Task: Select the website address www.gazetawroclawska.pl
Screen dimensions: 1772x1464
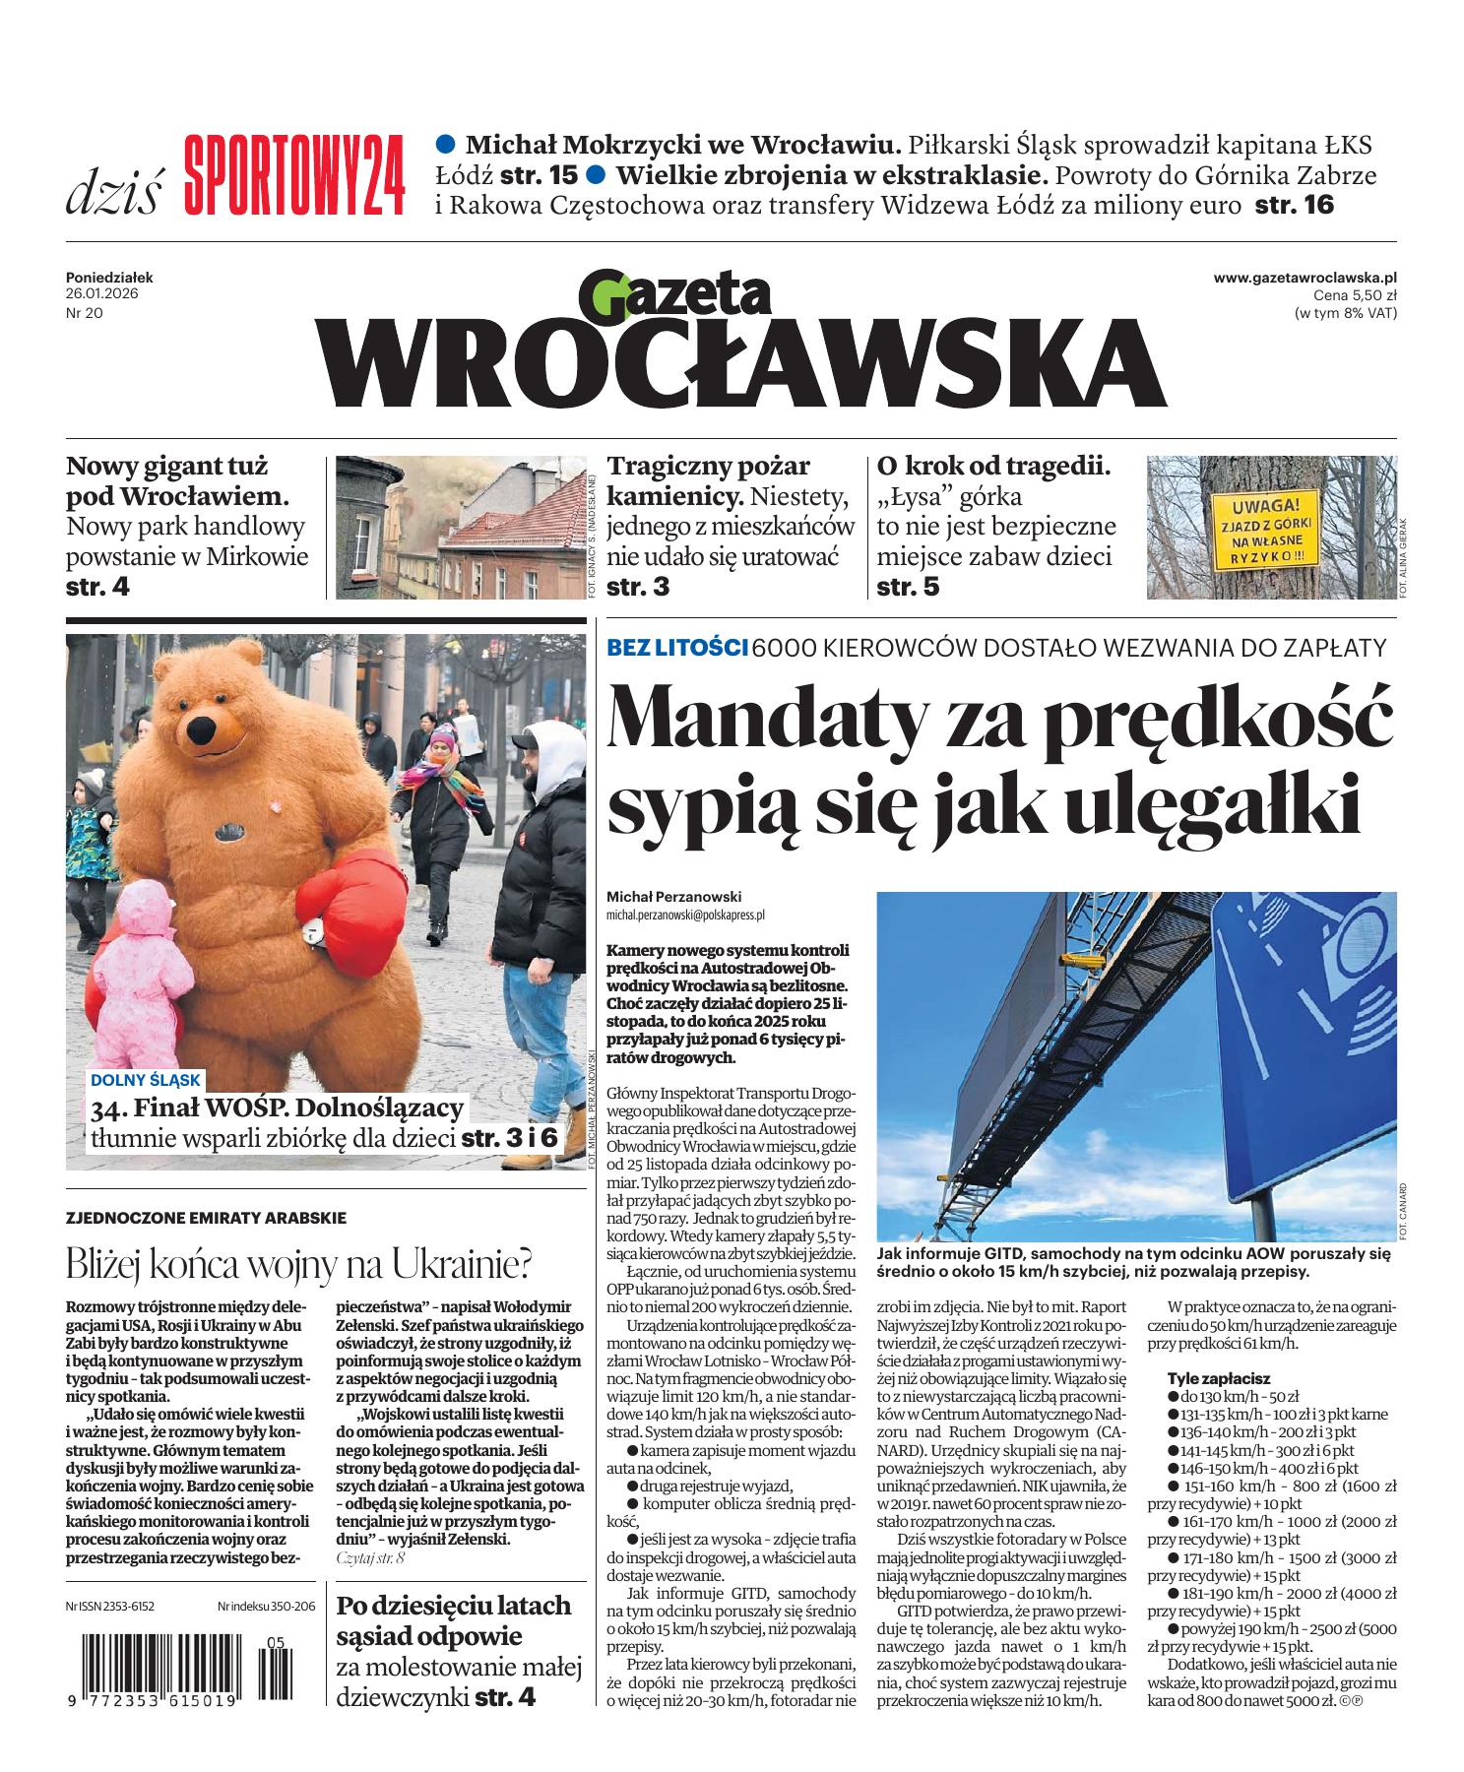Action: [1305, 279]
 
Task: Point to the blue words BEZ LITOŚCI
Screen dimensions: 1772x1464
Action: [677, 648]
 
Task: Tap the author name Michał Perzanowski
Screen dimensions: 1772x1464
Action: [673, 897]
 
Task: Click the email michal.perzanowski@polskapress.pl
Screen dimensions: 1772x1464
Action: [685, 915]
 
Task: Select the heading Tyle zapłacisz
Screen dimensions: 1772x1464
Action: [1218, 1379]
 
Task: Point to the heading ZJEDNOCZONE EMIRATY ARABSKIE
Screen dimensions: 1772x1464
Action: [206, 1218]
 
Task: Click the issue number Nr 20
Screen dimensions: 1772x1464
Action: [85, 313]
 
